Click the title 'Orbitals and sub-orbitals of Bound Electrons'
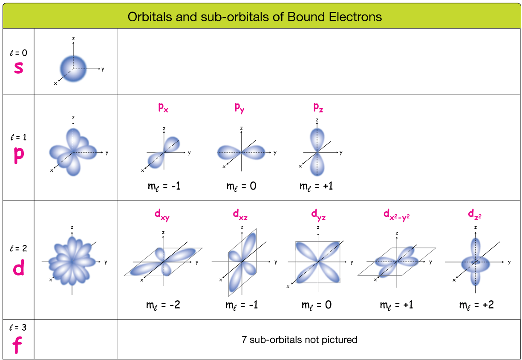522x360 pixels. coord(255,17)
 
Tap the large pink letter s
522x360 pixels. coord(18,67)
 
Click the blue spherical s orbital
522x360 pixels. coord(73,69)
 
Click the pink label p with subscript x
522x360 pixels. coord(163,108)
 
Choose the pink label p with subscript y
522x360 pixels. coord(239,108)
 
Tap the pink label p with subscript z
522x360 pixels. coord(318,108)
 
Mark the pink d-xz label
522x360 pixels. coord(240,215)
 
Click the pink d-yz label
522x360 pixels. coord(318,215)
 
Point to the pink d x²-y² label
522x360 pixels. coord(396,215)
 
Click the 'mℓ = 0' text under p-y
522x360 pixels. coord(241,186)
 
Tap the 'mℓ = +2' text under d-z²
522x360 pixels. coord(476,305)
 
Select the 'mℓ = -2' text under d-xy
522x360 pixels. coord(163,305)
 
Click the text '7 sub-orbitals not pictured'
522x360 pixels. coord(299,340)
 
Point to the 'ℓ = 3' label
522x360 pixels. coord(17,328)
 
